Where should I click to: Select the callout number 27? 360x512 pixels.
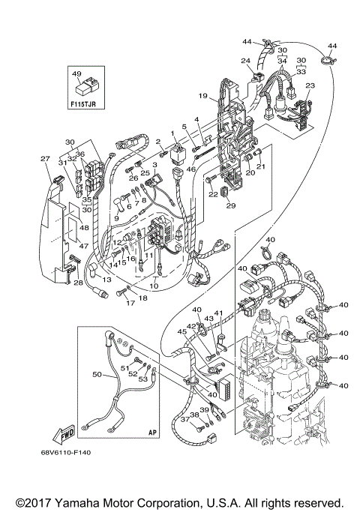[44, 158]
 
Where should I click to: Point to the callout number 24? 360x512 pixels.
[245, 60]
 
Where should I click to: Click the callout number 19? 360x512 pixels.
[203, 97]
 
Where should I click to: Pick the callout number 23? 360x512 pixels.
[310, 86]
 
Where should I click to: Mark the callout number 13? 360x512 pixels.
[107, 279]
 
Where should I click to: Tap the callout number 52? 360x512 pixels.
[133, 373]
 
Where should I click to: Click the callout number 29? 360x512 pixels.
[231, 205]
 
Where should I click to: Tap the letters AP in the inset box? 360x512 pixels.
[153, 433]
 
